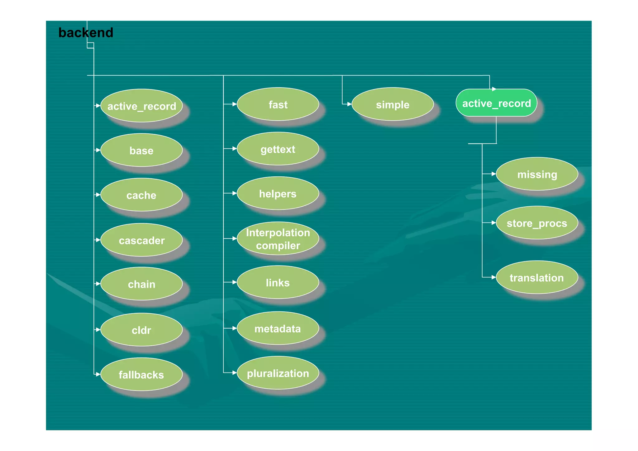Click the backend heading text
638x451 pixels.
[x=86, y=33]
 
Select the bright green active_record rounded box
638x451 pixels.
[x=496, y=103]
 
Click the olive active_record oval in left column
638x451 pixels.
[x=141, y=106]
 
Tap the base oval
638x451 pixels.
[x=141, y=151]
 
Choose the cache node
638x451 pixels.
[x=141, y=195]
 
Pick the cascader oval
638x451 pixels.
[x=141, y=240]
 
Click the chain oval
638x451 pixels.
[x=141, y=284]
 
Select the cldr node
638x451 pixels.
[x=141, y=330]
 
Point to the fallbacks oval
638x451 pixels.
[x=141, y=374]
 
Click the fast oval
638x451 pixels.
[x=278, y=104]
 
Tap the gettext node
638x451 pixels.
[x=278, y=149]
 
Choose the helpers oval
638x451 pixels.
[x=278, y=194]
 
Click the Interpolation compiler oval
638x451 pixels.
[x=278, y=239]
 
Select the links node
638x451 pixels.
[x=278, y=282]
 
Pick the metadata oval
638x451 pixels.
[x=278, y=328]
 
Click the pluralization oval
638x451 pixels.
[x=278, y=373]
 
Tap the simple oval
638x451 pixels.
[x=393, y=104]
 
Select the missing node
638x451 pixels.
[x=537, y=174]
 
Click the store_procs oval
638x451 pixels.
[x=537, y=223]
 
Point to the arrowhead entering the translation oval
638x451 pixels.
[x=493, y=277]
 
